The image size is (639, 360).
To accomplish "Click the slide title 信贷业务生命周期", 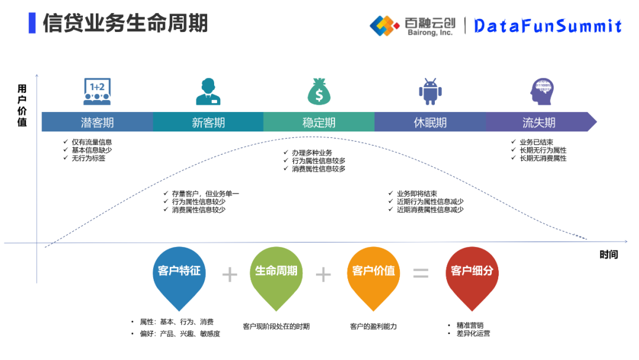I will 125,24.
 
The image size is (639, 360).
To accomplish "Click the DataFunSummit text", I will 548,25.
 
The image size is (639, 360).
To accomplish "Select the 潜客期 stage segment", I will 97,123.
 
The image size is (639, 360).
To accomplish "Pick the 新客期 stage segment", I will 208,123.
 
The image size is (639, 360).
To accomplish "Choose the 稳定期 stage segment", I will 319,123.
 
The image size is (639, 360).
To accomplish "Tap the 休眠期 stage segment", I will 430,123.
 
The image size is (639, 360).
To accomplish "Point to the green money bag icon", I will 319,91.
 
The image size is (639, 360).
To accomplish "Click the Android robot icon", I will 430,92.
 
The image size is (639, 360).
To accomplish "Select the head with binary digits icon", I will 541,92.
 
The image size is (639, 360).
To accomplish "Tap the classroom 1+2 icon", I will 97,91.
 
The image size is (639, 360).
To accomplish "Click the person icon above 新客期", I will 208,92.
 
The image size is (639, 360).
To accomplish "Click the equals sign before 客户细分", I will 421,274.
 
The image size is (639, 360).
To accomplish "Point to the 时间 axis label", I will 608,255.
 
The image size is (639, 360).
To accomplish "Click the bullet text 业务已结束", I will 537,142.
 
